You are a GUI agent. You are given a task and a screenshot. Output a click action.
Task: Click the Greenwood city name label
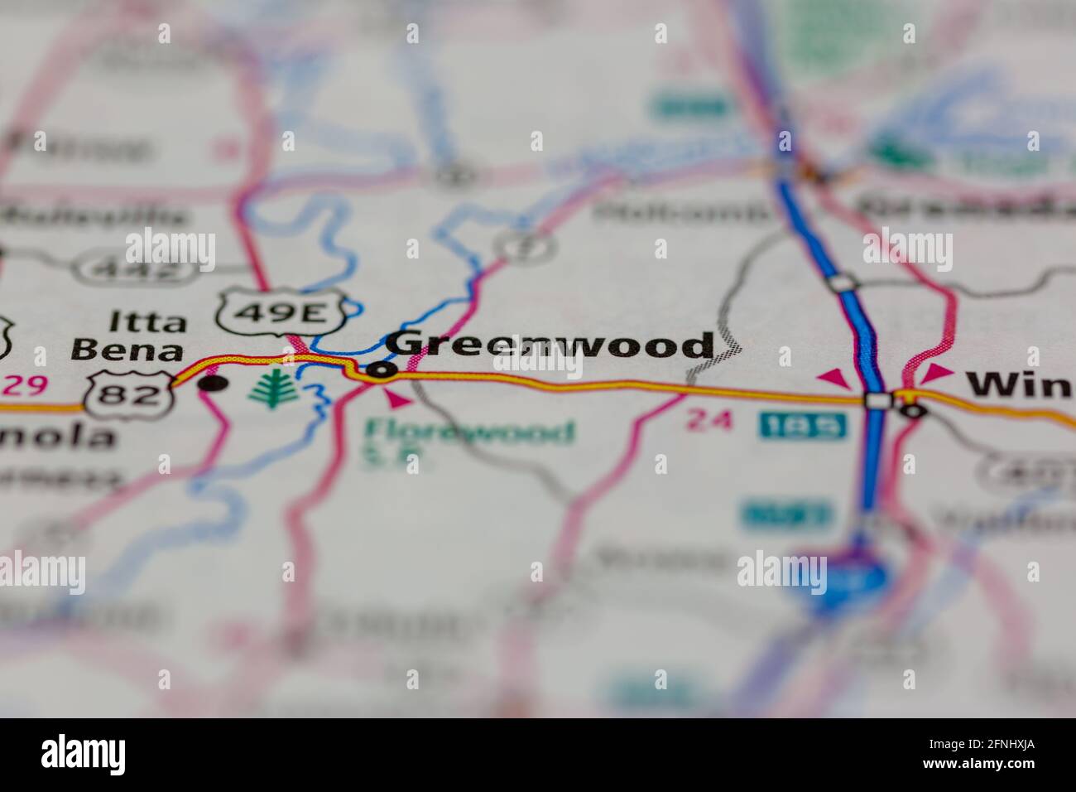550,345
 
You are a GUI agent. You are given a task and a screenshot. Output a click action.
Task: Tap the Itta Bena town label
127,336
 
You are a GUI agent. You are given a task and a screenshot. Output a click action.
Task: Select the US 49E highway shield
281,312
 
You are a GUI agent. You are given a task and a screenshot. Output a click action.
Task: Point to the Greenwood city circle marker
381,370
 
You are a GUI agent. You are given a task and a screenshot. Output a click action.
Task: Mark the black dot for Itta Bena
214,383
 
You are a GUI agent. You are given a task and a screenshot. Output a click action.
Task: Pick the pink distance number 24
709,421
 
